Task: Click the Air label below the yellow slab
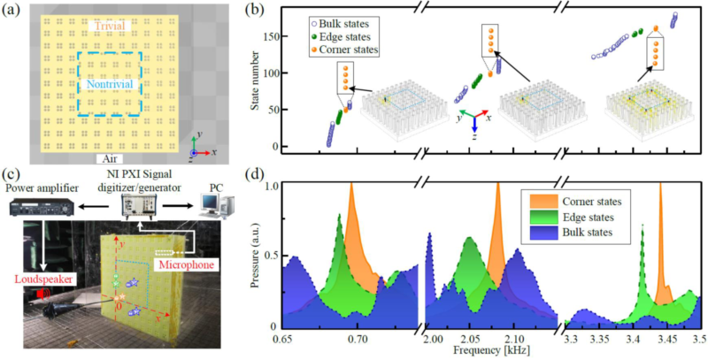tap(111, 158)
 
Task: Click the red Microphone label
tap(179, 264)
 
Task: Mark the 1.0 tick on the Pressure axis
tap(272, 188)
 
